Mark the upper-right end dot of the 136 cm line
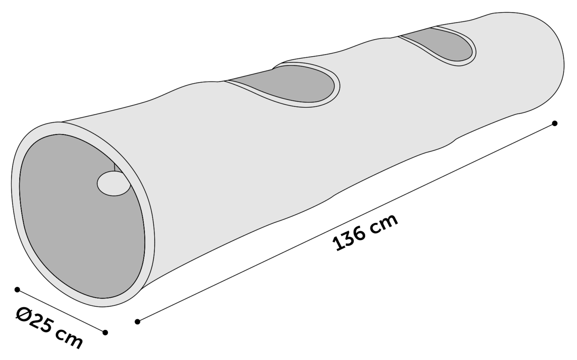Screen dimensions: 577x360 554,123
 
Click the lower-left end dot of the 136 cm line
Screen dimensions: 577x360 138,321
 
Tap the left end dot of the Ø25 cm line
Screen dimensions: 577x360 17,290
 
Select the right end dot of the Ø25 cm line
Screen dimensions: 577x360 105,333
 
